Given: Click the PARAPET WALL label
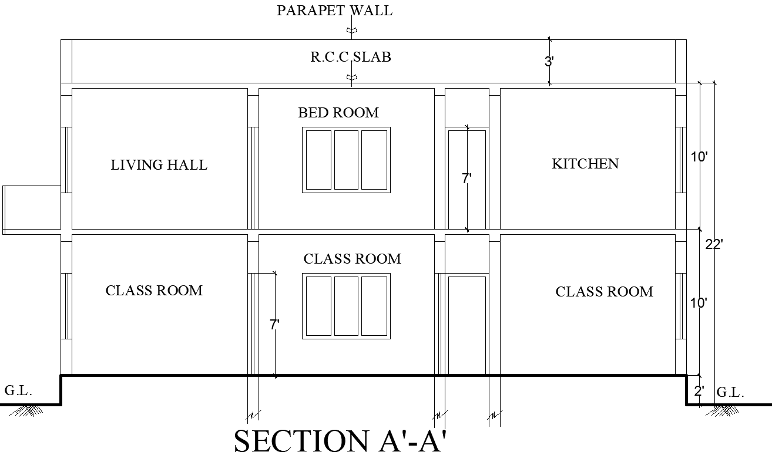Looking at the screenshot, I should [334, 11].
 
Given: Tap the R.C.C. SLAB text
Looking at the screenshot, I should [351, 57].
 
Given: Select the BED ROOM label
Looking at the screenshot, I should [338, 113].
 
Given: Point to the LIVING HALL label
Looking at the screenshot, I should [159, 165].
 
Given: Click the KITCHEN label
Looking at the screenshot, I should [585, 164].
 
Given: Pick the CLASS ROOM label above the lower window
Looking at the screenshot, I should [352, 259].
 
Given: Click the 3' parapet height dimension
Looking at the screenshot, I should [549, 62].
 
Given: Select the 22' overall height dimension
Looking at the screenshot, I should [713, 244].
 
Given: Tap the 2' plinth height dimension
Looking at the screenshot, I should [699, 392].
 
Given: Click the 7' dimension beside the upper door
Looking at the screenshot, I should [466, 178].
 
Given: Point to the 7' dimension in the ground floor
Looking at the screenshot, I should [274, 324].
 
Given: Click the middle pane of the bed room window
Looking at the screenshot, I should [346, 160].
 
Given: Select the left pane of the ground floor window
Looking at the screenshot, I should [318, 306].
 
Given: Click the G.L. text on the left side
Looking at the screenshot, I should [18, 390].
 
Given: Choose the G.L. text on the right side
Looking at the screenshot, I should [730, 393].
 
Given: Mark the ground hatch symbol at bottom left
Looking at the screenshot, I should [26, 410].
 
